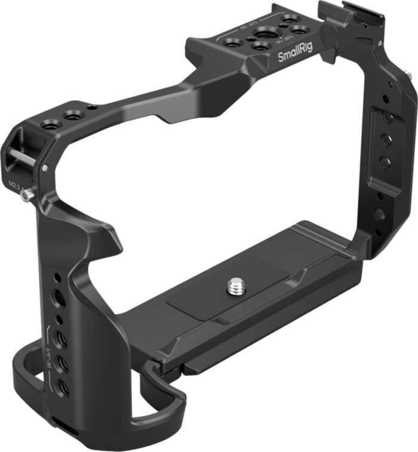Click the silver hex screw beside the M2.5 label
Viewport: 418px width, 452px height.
[26, 195]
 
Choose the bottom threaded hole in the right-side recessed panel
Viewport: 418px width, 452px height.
[385, 162]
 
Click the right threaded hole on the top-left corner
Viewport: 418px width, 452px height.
[73, 115]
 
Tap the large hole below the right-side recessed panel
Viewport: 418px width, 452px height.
[379, 214]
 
